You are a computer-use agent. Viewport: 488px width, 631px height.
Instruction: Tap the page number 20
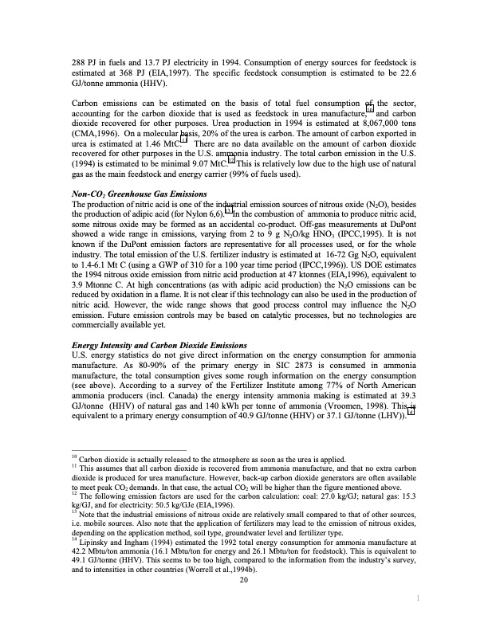pyautogui.click(x=244, y=602)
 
